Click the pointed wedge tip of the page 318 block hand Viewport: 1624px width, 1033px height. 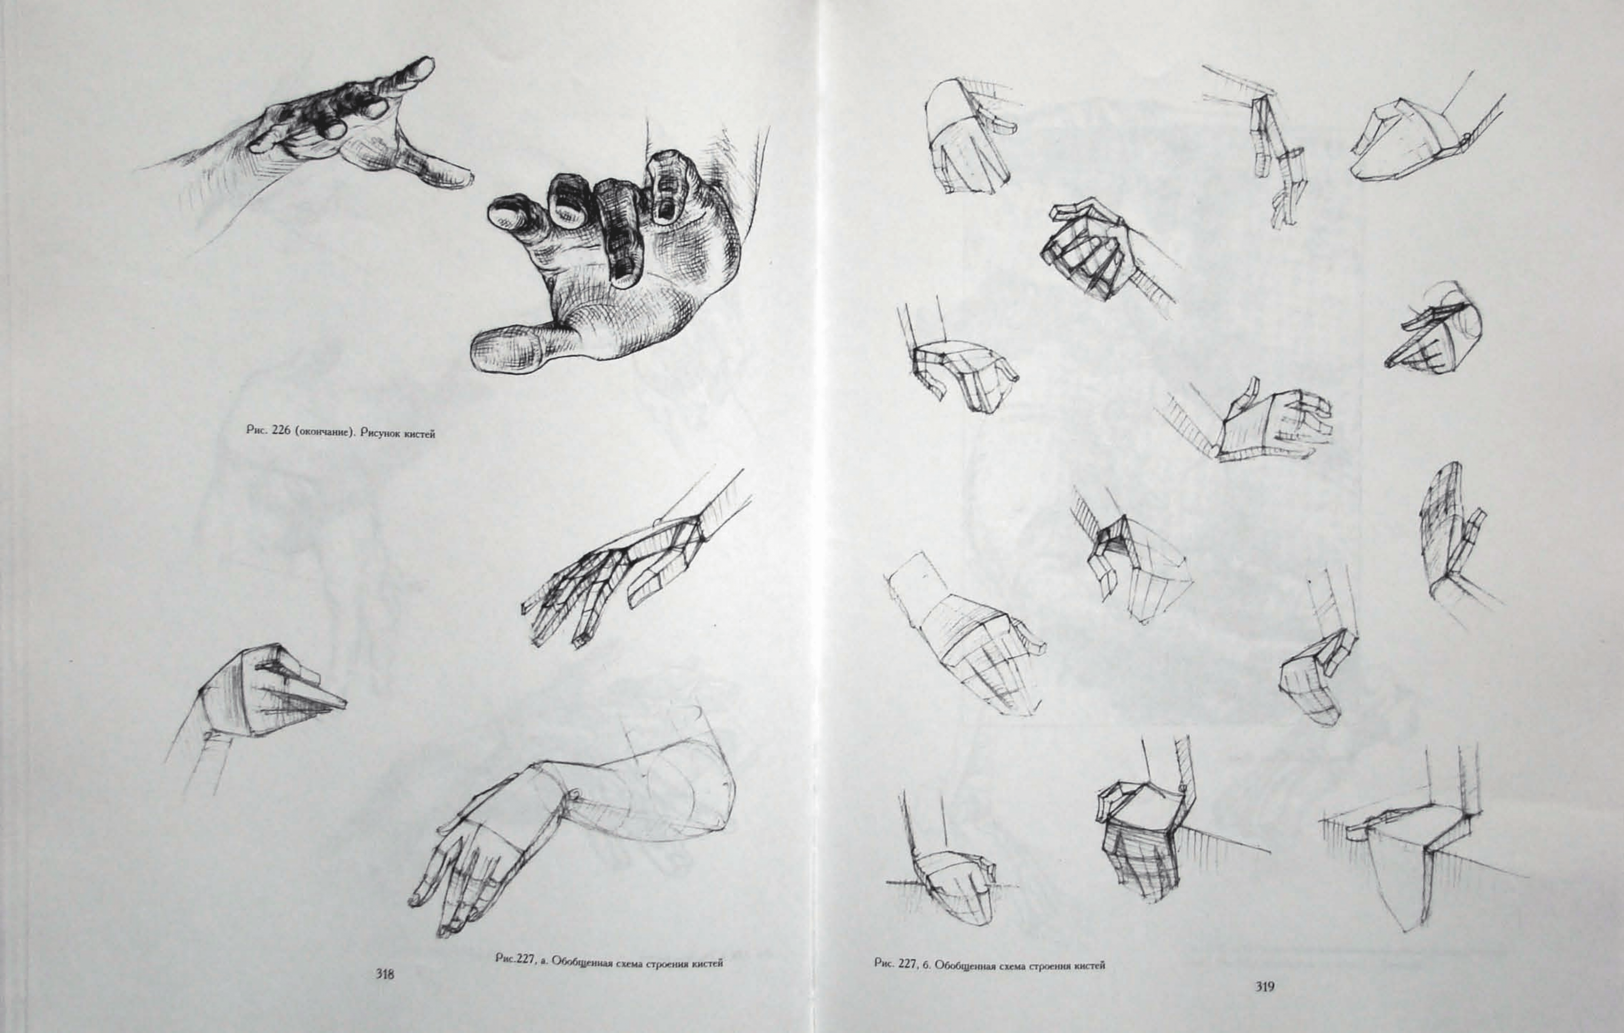click(x=345, y=703)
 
